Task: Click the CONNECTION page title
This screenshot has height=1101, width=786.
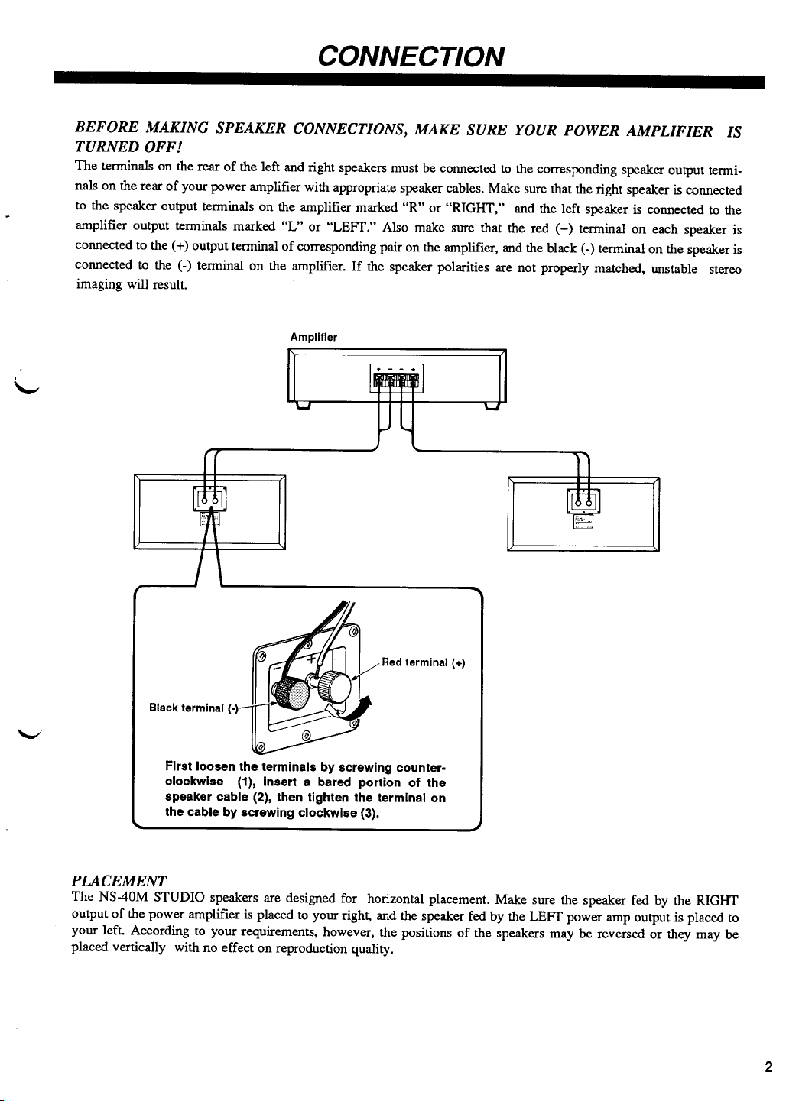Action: pyautogui.click(x=411, y=56)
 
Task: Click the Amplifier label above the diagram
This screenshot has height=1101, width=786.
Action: pyautogui.click(x=313, y=337)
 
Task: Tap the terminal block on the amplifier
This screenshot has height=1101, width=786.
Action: pyautogui.click(x=396, y=378)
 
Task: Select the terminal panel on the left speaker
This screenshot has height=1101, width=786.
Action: pyautogui.click(x=210, y=499)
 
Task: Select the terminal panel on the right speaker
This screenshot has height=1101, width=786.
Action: pyautogui.click(x=583, y=501)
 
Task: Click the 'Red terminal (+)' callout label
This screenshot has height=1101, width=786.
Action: pyautogui.click(x=423, y=662)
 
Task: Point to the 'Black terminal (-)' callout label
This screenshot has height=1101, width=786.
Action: pyautogui.click(x=193, y=708)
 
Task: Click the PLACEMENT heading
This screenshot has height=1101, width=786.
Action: pyautogui.click(x=119, y=880)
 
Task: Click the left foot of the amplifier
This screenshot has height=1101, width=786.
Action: pyautogui.click(x=304, y=405)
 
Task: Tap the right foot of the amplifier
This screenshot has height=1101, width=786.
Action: pyautogui.click(x=492, y=406)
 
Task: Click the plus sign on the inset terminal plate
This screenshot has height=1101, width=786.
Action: pyautogui.click(x=311, y=659)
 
